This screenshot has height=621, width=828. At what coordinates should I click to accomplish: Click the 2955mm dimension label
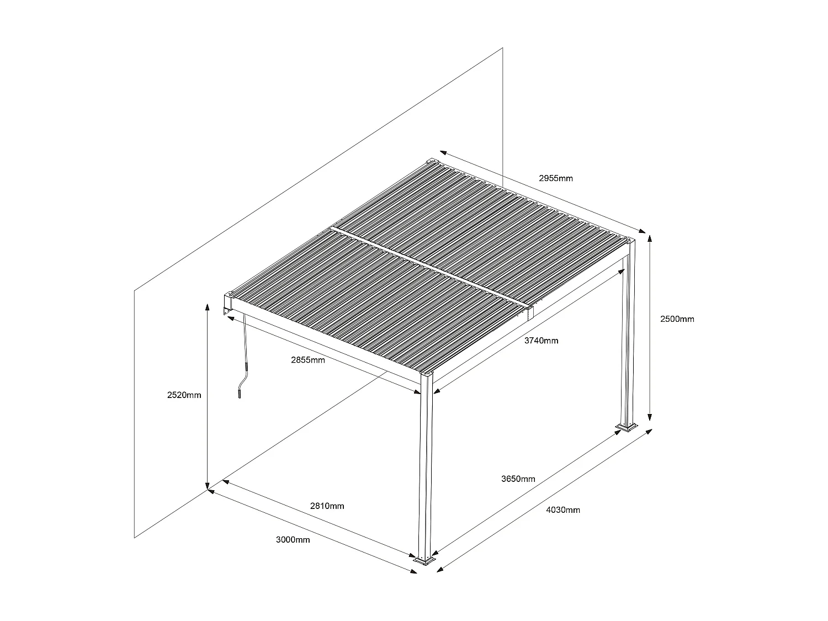[556, 178]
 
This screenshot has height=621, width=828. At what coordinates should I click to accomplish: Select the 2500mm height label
[677, 319]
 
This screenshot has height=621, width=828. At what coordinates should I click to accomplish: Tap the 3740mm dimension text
[541, 341]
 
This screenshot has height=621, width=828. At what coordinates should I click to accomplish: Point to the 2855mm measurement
[308, 360]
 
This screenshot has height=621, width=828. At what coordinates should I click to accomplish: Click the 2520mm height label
[184, 395]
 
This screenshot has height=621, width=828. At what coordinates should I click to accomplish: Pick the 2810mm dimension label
[327, 506]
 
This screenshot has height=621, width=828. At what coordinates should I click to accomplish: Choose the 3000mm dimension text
[293, 540]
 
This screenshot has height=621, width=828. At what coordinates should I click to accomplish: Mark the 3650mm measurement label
[518, 479]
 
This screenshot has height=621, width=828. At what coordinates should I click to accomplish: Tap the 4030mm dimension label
[563, 510]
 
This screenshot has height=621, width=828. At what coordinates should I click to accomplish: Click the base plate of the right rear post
[627, 427]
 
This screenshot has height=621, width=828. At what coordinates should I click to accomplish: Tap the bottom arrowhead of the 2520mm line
[207, 485]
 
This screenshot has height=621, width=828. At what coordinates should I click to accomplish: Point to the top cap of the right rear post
[630, 241]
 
